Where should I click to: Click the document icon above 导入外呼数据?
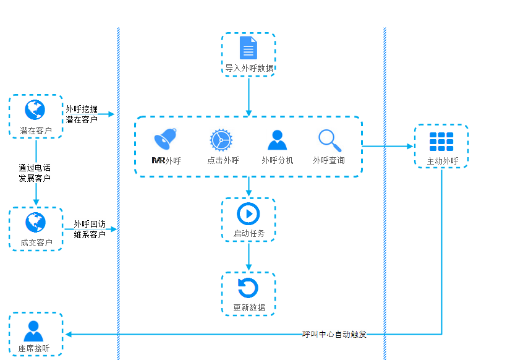pos(249,48)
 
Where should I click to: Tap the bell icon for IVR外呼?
pos(166,139)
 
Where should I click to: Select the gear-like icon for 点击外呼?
pos(221,140)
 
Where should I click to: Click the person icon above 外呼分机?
pos(277,140)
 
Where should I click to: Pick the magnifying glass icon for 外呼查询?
pos(329,140)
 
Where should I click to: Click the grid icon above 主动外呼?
pos(441,142)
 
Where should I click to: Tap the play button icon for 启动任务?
pos(249,214)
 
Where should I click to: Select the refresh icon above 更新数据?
pos(249,288)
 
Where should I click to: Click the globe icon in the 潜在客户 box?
pos(35,110)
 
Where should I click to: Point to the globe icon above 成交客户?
pos(35,222)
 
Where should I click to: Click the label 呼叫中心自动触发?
pos(334,335)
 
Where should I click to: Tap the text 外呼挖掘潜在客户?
pos(82,114)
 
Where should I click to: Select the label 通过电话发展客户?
pos(35,173)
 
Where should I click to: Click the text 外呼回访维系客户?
pos(90,229)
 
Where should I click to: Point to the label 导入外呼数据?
pos(249,68)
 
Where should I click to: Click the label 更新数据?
pos(249,307)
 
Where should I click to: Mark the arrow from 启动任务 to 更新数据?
pos(249,256)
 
